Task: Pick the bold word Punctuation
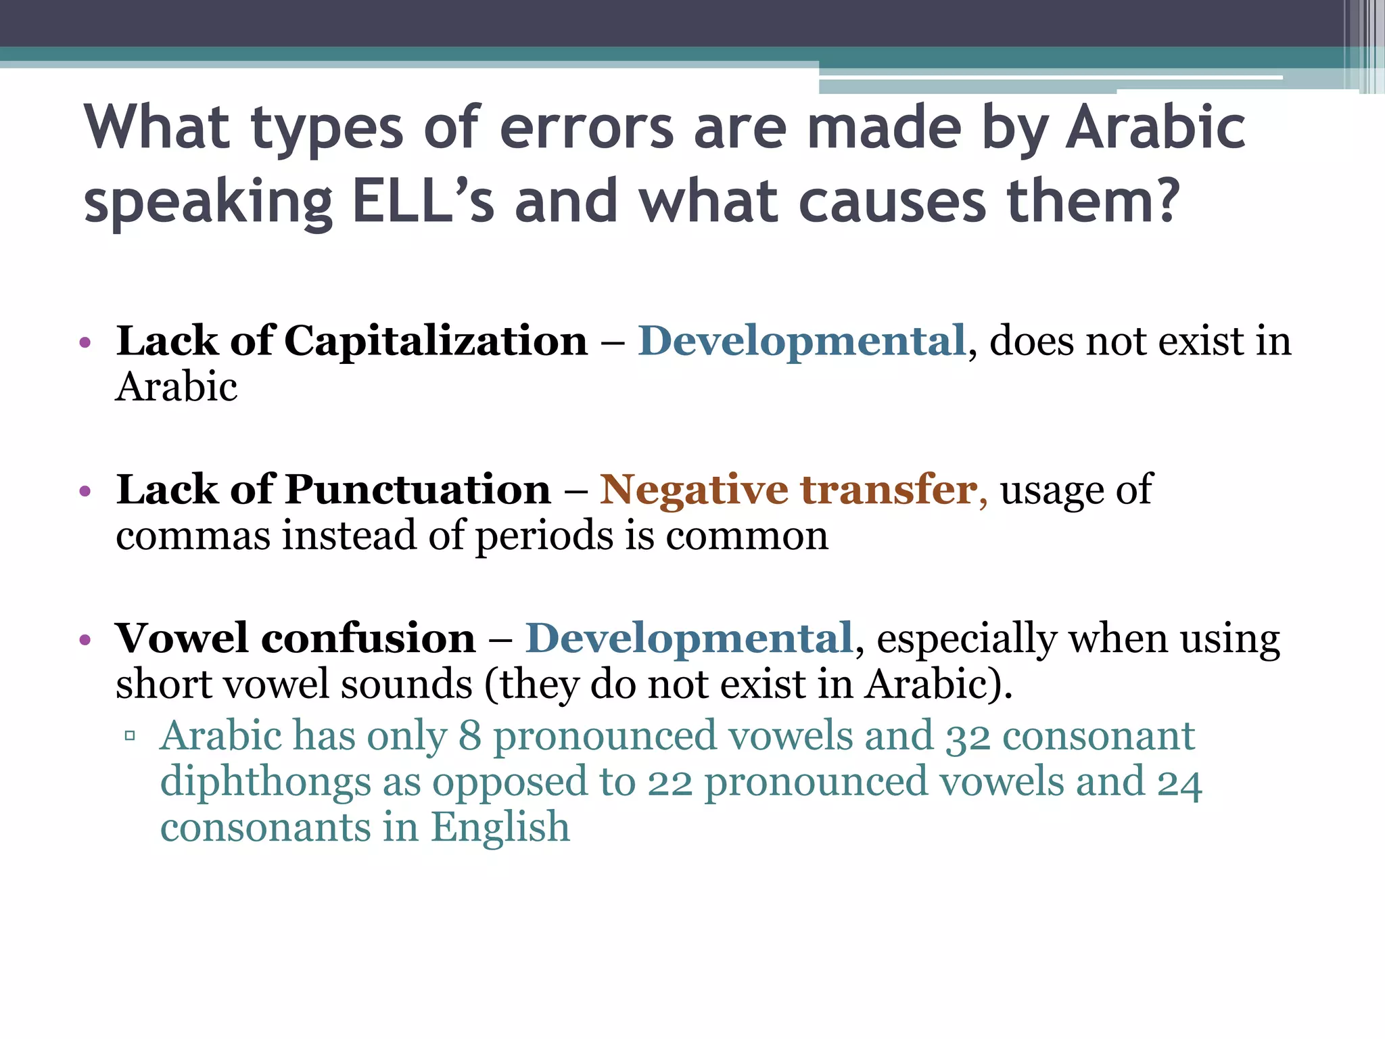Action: (x=417, y=489)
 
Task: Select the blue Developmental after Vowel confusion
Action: (x=688, y=638)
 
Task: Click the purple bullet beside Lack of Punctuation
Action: (x=85, y=491)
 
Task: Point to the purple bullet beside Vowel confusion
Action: (x=85, y=640)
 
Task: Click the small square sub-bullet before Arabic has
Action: (x=131, y=736)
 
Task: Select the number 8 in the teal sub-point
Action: (x=469, y=736)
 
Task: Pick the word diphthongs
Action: (x=265, y=782)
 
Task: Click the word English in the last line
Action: (x=500, y=827)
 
